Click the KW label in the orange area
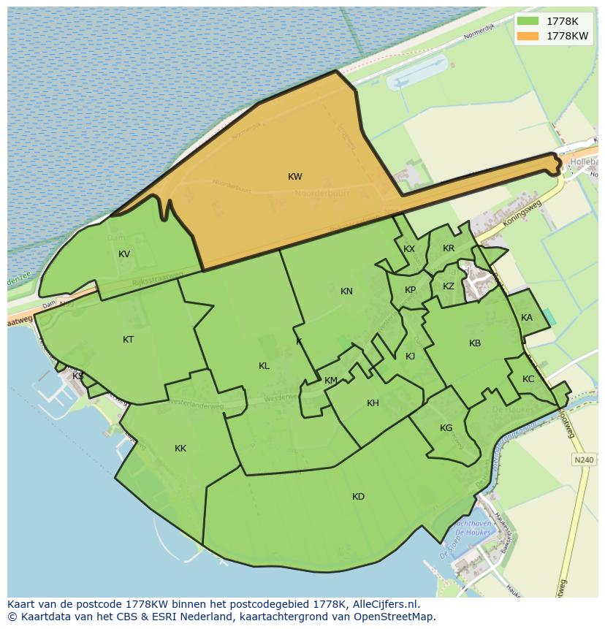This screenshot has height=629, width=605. [x=295, y=177]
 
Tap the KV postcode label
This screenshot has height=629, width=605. [x=124, y=254]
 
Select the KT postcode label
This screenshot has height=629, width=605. [x=129, y=340]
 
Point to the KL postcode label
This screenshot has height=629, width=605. [x=264, y=366]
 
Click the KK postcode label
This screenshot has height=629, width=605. [x=180, y=449]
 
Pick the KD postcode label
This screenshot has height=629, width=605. [x=358, y=497]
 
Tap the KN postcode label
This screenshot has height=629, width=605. [x=346, y=291]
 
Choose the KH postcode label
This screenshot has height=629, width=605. [x=373, y=403]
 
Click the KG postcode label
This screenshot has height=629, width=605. [x=446, y=428]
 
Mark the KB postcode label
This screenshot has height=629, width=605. [x=475, y=343]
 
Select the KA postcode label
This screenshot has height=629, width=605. [x=527, y=318]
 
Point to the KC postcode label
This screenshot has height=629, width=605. [x=528, y=379]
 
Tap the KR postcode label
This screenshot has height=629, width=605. [x=449, y=248]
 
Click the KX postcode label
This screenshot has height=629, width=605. [x=409, y=249]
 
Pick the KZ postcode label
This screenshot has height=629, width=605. [x=449, y=286]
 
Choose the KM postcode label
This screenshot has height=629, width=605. [x=331, y=381]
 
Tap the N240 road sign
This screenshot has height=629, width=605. [x=583, y=460]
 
